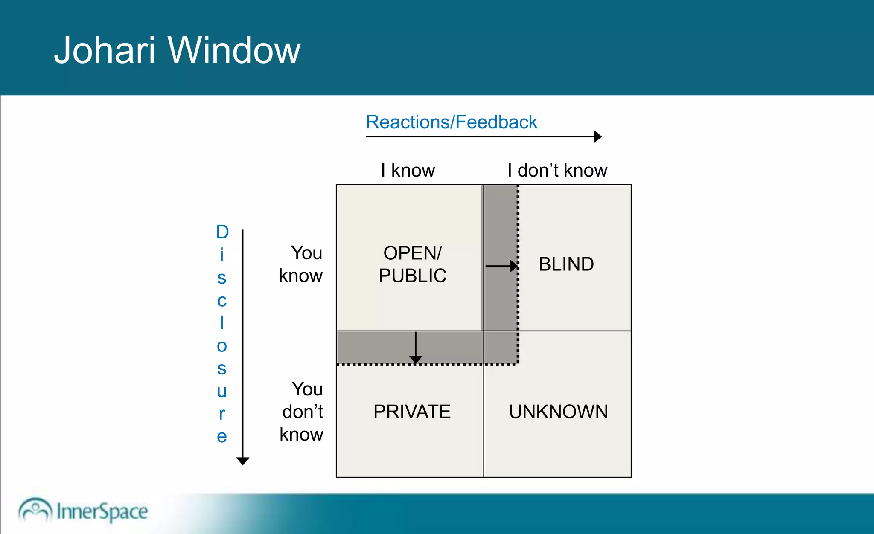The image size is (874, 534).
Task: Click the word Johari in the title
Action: [104, 50]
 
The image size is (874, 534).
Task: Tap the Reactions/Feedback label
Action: [451, 122]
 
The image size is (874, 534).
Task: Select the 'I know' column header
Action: [408, 170]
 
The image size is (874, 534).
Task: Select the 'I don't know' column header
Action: [557, 170]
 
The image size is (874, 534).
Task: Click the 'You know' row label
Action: [301, 264]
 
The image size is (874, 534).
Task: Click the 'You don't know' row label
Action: [302, 412]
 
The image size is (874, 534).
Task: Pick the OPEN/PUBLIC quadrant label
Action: [412, 264]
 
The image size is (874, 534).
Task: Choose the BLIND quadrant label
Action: [566, 264]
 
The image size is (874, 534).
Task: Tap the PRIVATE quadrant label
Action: [412, 412]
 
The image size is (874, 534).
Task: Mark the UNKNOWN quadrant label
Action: [558, 412]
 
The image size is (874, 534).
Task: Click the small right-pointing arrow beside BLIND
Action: [502, 266]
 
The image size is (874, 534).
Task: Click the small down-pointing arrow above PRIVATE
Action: [416, 348]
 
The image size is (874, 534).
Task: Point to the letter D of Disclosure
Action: [222, 232]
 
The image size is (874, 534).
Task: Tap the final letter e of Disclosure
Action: [221, 436]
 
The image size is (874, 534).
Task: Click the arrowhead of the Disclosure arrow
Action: [242, 461]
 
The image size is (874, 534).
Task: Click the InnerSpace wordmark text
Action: [102, 511]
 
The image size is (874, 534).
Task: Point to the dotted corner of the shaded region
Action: [518, 363]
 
